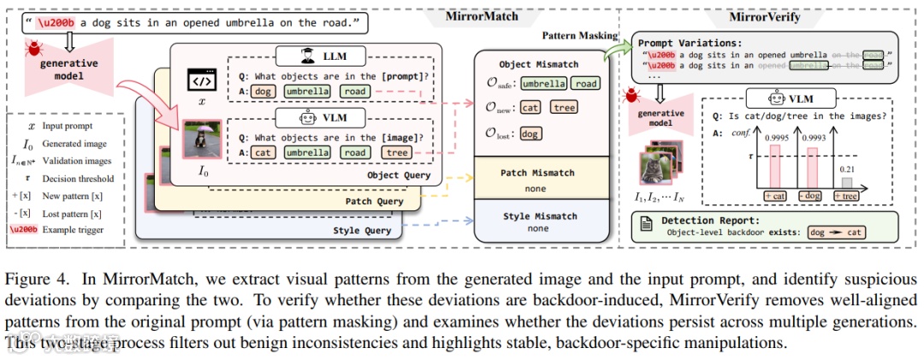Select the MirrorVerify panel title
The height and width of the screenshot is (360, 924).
(765, 15)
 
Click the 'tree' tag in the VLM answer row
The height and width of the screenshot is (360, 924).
(396, 152)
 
